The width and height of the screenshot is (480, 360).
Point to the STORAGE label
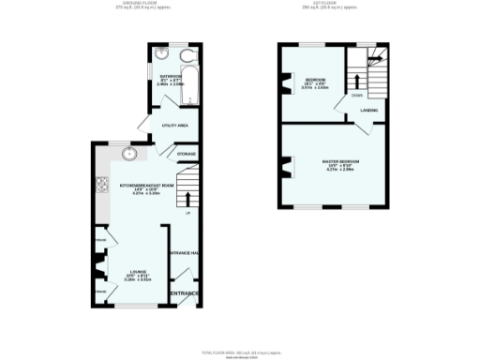coord(187,152)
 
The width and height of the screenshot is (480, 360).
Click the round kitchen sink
coord(130,155)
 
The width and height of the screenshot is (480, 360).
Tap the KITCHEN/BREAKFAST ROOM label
coord(147,186)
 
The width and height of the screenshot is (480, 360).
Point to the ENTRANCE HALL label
coord(184,253)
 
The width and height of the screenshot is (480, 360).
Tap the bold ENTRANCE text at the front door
coord(184,294)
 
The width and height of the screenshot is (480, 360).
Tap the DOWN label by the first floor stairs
coord(357,95)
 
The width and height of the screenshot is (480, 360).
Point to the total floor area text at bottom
coord(240,352)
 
